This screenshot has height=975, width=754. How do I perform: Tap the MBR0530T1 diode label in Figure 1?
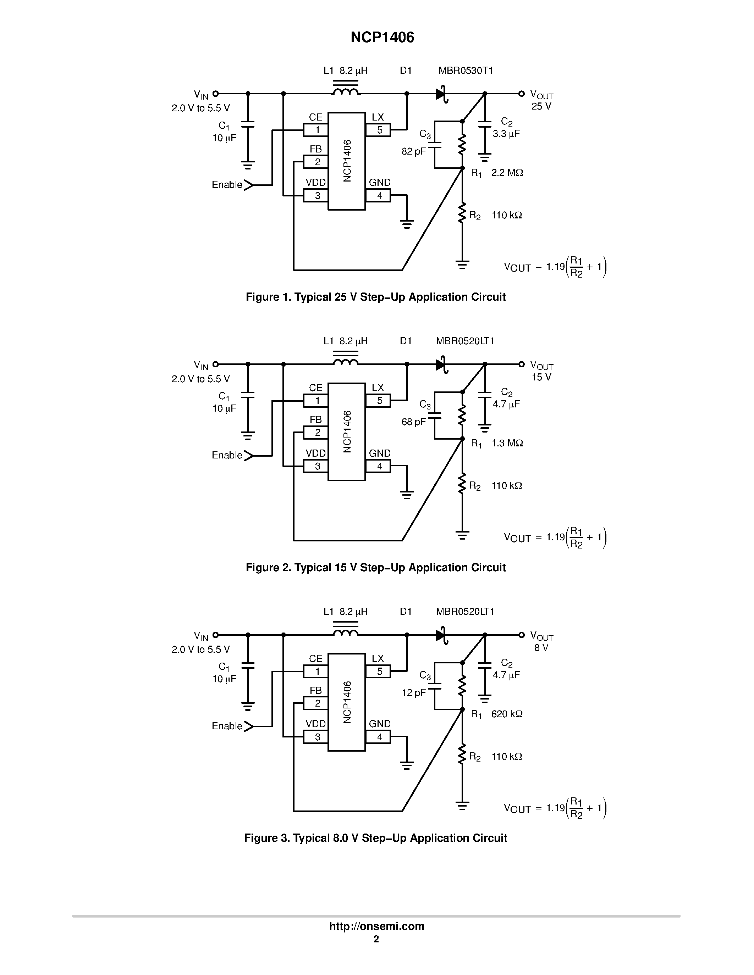[x=466, y=71]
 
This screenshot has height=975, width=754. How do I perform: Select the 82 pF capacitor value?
[x=414, y=151]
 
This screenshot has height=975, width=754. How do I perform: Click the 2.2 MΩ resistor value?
[x=507, y=172]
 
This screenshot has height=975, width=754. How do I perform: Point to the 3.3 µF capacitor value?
[x=506, y=133]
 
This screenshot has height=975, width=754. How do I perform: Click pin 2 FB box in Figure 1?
[x=316, y=162]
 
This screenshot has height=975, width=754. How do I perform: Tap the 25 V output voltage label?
[x=541, y=106]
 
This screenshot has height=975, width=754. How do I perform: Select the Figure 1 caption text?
[x=376, y=297]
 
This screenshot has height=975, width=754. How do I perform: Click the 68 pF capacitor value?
[x=414, y=422]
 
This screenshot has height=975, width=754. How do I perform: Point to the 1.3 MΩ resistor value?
[x=507, y=443]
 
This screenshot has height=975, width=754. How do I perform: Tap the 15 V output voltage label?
[x=541, y=377]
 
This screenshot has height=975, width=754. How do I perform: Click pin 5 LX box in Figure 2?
[x=378, y=400]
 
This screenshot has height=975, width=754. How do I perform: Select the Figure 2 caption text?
[x=376, y=567]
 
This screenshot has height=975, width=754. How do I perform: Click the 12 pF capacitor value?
[x=414, y=692]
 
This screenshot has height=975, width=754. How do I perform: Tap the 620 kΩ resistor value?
[x=507, y=714]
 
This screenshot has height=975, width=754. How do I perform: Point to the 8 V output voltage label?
[x=541, y=648]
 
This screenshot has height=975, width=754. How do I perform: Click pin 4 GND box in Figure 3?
[x=378, y=737]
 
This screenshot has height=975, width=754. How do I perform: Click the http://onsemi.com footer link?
[x=376, y=926]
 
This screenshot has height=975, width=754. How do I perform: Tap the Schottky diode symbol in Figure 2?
[x=442, y=364]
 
